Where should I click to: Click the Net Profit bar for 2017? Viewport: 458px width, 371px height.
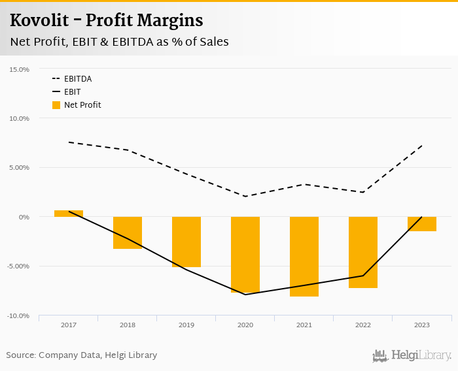[69, 214]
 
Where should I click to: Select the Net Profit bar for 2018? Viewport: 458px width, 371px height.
[128, 233]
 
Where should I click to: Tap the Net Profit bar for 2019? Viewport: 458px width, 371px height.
[186, 242]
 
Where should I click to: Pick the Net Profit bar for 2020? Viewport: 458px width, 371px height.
[245, 254]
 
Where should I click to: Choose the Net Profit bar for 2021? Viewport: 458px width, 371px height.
[304, 257]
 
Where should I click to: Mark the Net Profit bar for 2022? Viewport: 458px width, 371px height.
[363, 252]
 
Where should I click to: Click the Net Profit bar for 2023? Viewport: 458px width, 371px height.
[422, 224]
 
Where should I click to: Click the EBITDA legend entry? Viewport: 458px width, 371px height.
[77, 79]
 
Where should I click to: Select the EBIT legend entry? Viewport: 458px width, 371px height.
[72, 92]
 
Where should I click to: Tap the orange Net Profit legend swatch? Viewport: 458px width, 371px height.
[56, 105]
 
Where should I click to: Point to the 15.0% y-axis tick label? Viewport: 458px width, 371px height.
[20, 69]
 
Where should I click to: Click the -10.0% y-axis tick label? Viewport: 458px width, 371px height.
[18, 315]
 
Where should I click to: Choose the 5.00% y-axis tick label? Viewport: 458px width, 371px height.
[20, 168]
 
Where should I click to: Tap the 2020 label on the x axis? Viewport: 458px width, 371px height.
[245, 325]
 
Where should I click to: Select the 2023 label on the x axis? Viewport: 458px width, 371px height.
[422, 325]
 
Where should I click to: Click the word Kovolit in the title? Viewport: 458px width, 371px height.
[37, 21]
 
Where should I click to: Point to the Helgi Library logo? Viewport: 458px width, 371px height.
[412, 356]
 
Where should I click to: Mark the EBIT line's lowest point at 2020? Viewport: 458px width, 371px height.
[245, 295]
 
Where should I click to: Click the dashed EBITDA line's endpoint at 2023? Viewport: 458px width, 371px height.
[422, 146]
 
